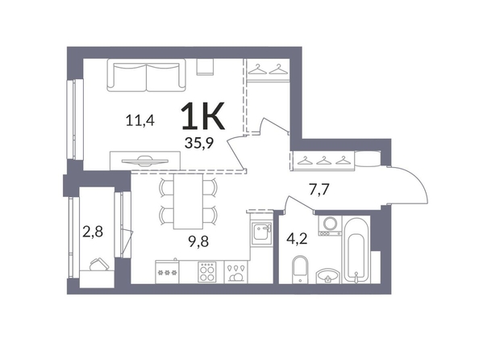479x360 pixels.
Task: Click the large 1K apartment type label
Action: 202,115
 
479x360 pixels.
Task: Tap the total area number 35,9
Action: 199,143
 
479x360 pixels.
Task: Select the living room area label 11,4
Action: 140,120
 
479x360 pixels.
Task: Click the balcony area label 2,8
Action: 93,232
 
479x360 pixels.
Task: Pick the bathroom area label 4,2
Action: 297,239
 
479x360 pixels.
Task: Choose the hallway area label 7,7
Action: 319,190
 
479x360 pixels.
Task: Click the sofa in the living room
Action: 146,75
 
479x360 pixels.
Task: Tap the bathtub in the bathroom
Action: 356,249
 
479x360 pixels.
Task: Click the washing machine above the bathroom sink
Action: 330,226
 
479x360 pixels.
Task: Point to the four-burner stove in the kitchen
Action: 206,272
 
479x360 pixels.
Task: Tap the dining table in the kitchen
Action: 188,201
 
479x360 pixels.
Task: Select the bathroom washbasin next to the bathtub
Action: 327,276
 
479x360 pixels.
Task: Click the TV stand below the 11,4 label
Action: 145,161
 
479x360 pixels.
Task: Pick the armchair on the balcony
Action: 98,265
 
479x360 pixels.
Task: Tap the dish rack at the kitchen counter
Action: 235,272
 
